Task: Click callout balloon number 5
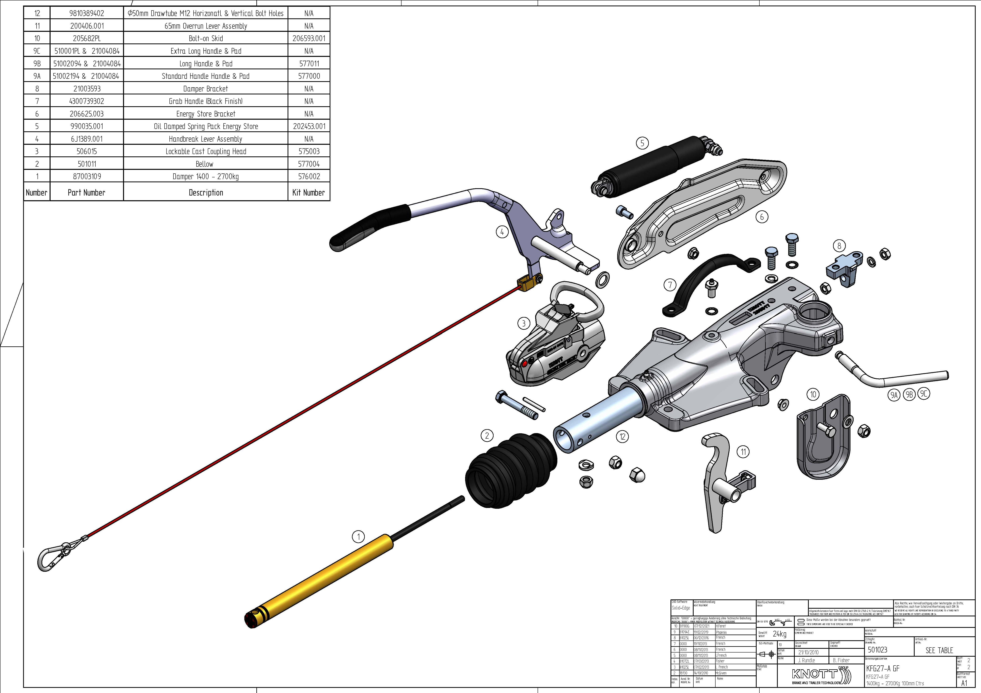coord(642,143)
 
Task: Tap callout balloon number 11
coord(743,452)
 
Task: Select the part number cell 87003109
coord(87,176)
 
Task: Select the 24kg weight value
coord(779,634)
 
